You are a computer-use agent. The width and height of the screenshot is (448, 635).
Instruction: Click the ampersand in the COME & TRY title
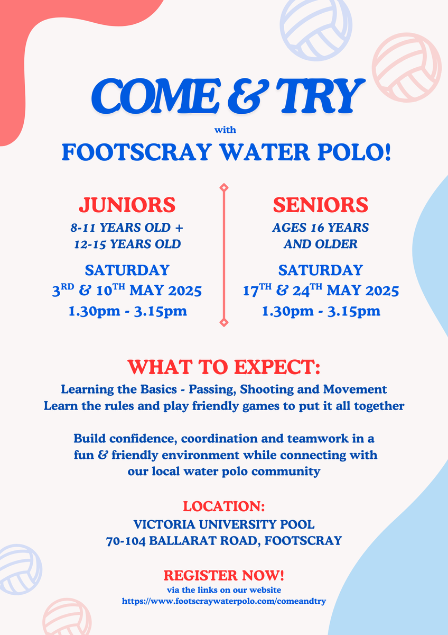248,96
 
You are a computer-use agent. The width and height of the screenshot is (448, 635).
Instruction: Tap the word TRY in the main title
320,96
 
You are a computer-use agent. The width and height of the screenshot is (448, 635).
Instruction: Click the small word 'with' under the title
225,130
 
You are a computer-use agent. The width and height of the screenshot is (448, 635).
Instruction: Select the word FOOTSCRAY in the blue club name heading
137,152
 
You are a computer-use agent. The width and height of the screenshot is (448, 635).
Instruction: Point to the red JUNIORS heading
127,205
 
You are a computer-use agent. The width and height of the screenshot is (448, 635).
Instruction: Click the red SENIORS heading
320,205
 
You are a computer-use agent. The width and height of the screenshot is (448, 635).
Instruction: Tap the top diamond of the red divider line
224,187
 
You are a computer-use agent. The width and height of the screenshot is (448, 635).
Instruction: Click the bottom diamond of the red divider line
224,322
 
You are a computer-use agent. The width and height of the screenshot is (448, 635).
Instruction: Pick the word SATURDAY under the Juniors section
127,270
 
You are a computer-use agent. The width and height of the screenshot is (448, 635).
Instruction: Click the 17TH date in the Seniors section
257,290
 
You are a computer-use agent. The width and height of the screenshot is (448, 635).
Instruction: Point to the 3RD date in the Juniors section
63,290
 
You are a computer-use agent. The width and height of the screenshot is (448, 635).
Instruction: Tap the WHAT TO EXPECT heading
223,367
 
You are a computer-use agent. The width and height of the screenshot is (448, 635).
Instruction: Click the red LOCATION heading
224,506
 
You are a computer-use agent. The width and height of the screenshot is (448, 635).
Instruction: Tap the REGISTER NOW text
224,575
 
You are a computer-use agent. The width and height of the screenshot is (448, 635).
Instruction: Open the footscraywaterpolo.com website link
224,601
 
